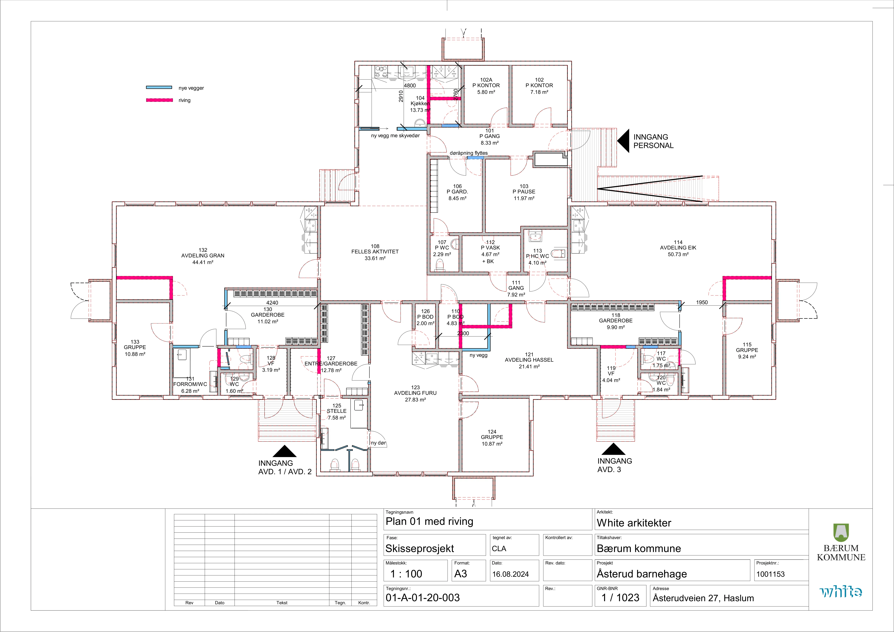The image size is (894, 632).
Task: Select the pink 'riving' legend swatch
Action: (x=159, y=100)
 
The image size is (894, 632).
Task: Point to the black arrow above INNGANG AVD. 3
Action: (x=614, y=449)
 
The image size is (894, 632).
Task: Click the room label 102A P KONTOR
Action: (x=486, y=82)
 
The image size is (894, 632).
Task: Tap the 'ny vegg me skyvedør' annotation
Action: (x=395, y=135)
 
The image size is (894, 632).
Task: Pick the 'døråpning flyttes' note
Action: (x=469, y=153)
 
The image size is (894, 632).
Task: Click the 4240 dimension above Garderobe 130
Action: (x=272, y=303)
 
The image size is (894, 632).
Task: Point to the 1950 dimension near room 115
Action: (x=702, y=302)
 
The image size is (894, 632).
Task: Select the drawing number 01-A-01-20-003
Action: (x=422, y=598)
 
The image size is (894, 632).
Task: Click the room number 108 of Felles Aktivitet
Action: (x=375, y=246)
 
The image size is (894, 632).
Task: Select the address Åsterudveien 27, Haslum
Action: (x=703, y=598)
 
